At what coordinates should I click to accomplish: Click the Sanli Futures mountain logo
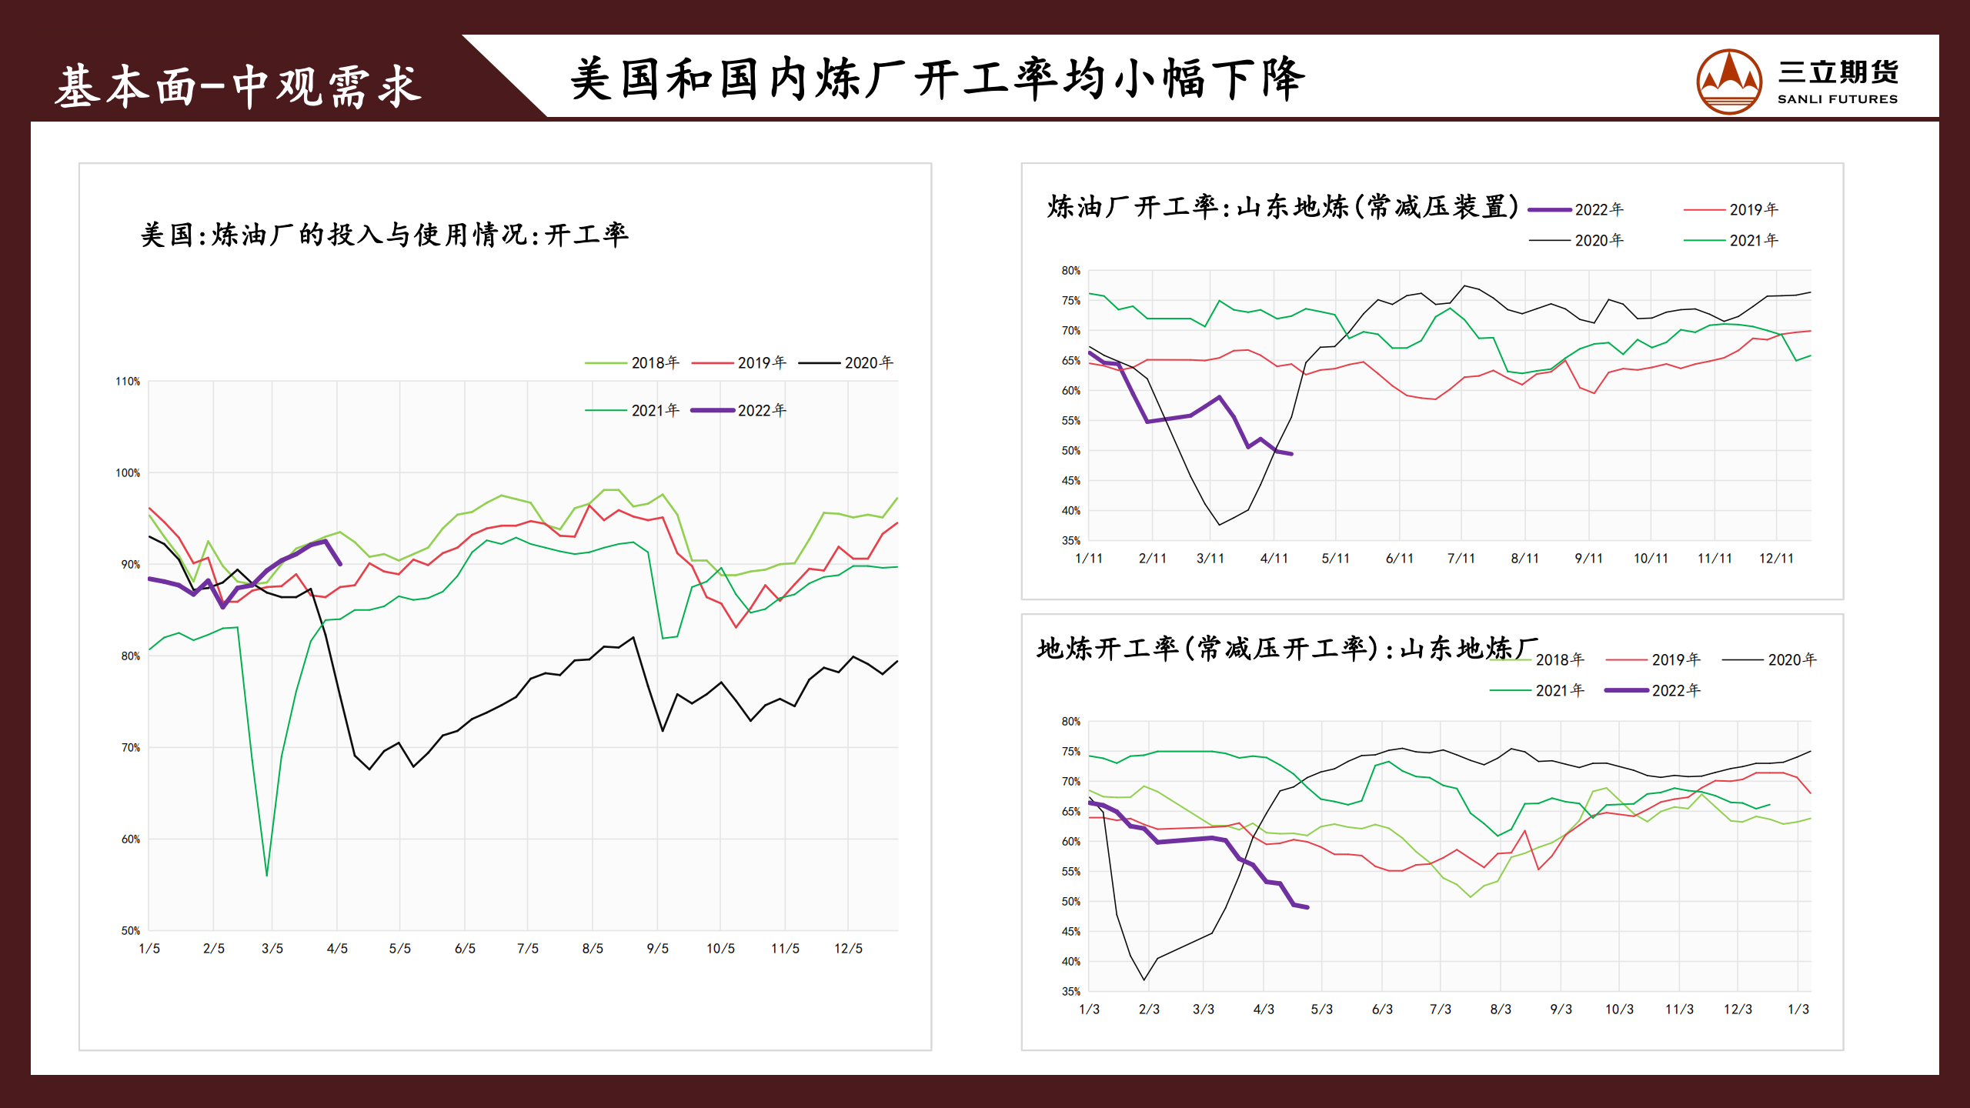pyautogui.click(x=1728, y=82)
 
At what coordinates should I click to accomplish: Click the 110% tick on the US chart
pyautogui.click(x=128, y=382)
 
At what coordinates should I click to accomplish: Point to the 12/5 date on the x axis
pyautogui.click(x=848, y=949)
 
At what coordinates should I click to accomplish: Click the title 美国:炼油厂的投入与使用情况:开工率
pyautogui.click(x=385, y=235)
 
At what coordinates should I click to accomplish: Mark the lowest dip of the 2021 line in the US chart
pyautogui.click(x=267, y=875)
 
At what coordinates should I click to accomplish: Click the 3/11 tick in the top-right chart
pyautogui.click(x=1210, y=559)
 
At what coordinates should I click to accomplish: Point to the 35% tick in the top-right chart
pyautogui.click(x=1070, y=541)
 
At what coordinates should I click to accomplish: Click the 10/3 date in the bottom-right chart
pyautogui.click(x=1619, y=1010)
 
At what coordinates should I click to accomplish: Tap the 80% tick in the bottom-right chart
pyautogui.click(x=1070, y=722)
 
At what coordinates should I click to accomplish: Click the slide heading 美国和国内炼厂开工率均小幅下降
pyautogui.click(x=937, y=79)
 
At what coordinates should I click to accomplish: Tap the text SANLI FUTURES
pyautogui.click(x=1837, y=99)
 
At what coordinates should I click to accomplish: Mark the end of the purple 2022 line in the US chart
pyautogui.click(x=339, y=564)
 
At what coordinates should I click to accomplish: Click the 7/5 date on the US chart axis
pyautogui.click(x=528, y=949)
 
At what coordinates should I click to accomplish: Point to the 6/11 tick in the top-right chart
pyautogui.click(x=1400, y=559)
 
